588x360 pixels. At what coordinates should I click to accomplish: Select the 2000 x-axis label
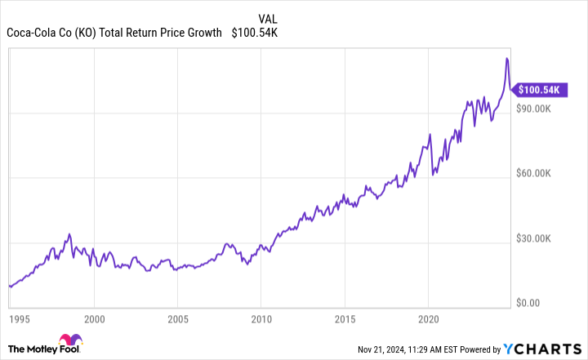94,318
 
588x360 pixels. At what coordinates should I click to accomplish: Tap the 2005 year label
177,318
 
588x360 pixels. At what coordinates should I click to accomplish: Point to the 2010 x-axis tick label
261,318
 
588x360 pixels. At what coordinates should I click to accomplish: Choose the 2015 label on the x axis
344,318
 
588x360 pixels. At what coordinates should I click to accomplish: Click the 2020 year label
428,318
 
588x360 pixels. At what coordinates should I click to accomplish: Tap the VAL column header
267,19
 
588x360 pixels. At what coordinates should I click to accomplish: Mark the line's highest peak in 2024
507,59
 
